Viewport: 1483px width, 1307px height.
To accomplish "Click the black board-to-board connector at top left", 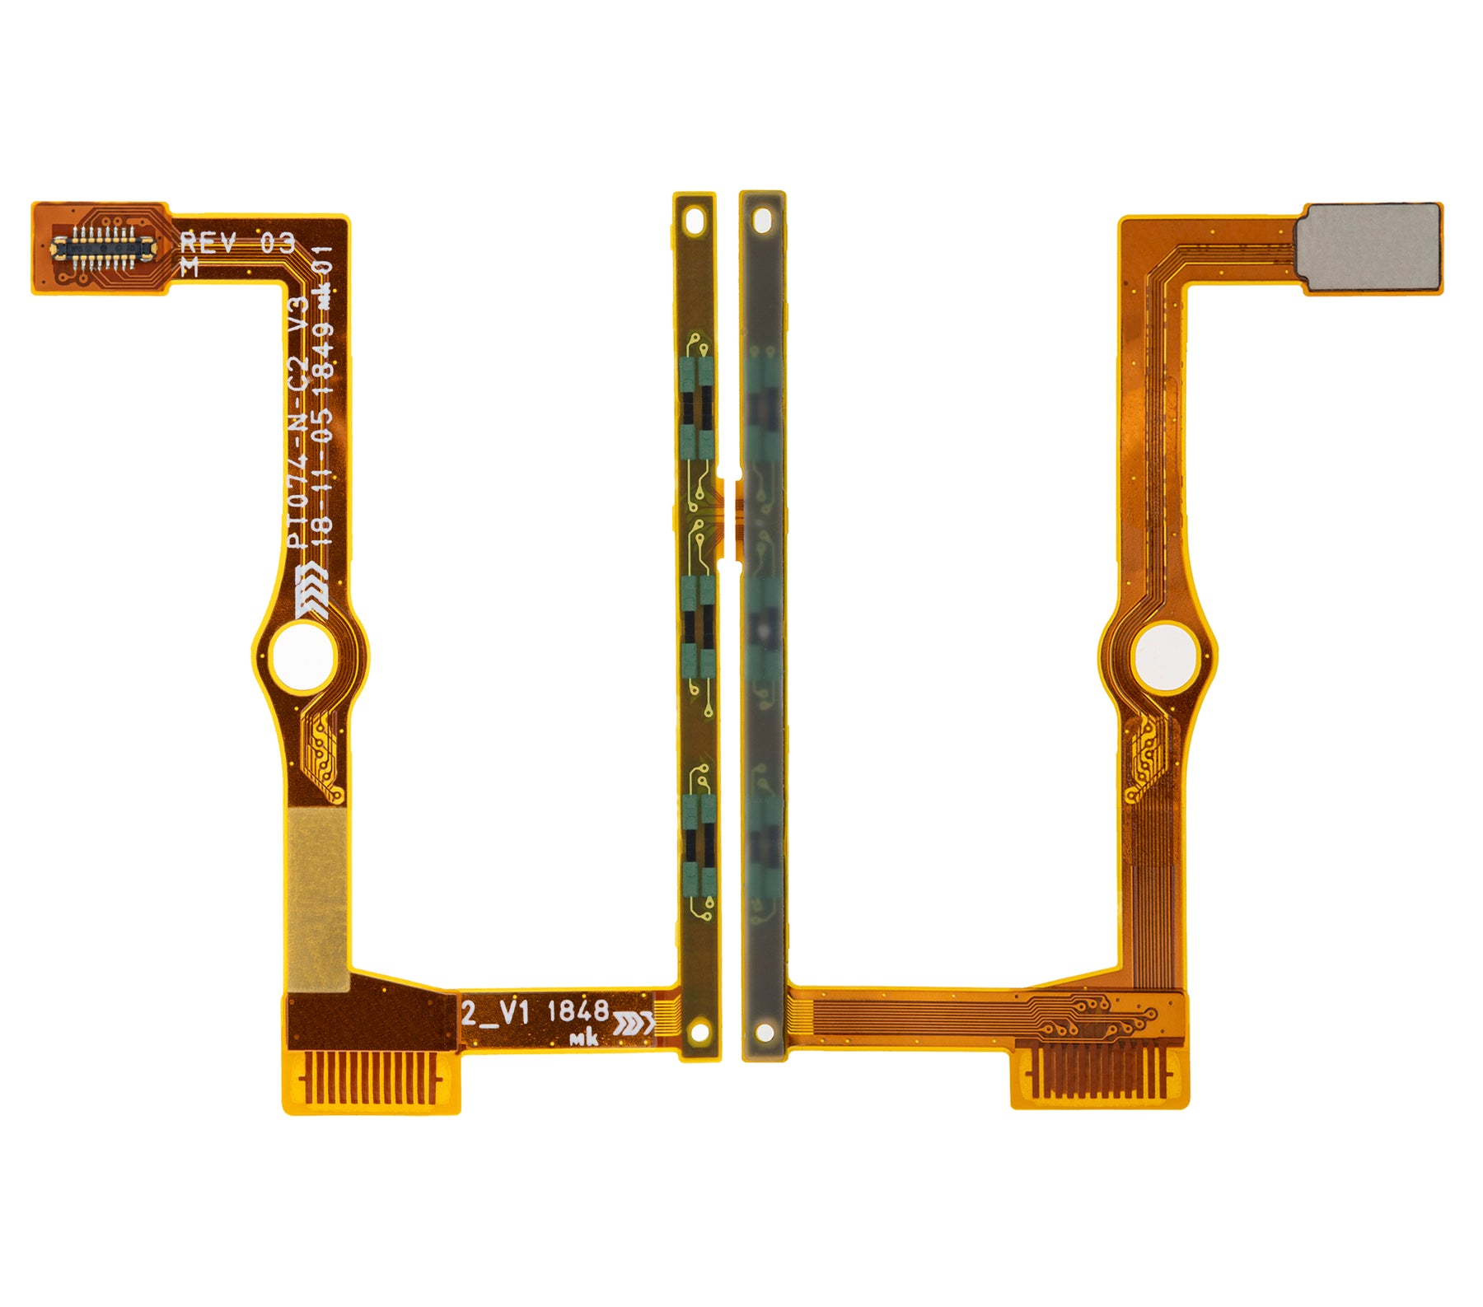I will click(102, 245).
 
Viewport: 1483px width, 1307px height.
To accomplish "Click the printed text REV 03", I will click(237, 243).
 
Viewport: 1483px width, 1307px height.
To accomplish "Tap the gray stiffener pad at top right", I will click(1368, 247).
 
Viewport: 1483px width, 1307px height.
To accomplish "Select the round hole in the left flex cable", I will click(302, 656).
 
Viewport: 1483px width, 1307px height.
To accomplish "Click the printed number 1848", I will click(578, 1011).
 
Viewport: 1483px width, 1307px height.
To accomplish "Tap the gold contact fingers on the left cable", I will click(368, 1078).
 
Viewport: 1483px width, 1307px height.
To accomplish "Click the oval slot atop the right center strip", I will click(762, 220).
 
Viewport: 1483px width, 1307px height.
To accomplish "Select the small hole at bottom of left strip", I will click(700, 1030).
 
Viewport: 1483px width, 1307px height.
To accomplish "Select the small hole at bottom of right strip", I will click(765, 1032).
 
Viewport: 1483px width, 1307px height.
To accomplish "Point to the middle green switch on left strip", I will click(698, 626).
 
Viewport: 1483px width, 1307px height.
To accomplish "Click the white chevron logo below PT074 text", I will click(311, 592).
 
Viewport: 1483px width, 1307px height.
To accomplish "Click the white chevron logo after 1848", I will click(633, 1023).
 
